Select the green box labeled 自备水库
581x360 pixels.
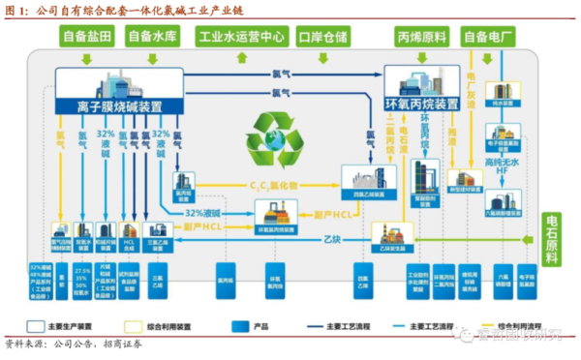(157, 37)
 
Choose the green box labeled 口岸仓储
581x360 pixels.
(324, 37)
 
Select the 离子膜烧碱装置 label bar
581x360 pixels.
(120, 105)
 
